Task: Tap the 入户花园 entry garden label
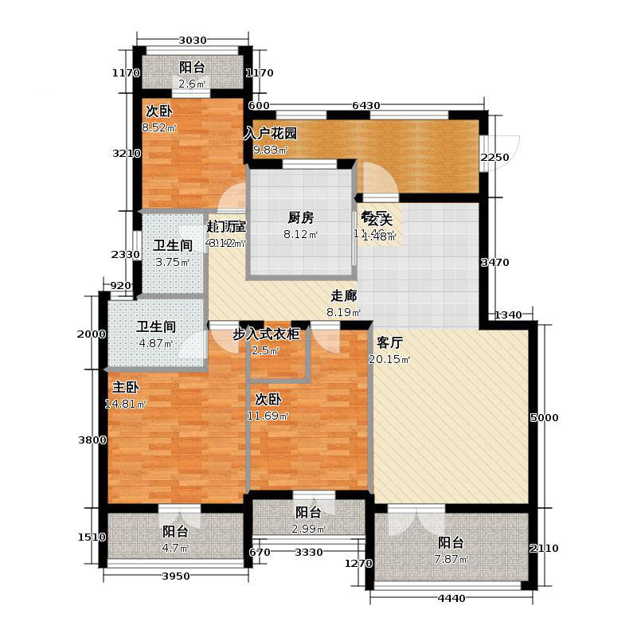[270, 133]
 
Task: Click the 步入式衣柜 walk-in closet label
[265, 335]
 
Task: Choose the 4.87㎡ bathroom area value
[155, 344]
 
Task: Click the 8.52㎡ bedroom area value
[159, 127]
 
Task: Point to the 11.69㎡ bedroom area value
[272, 416]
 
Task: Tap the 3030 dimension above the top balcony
[192, 41]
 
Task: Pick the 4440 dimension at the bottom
[450, 599]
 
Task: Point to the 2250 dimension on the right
[494, 158]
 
